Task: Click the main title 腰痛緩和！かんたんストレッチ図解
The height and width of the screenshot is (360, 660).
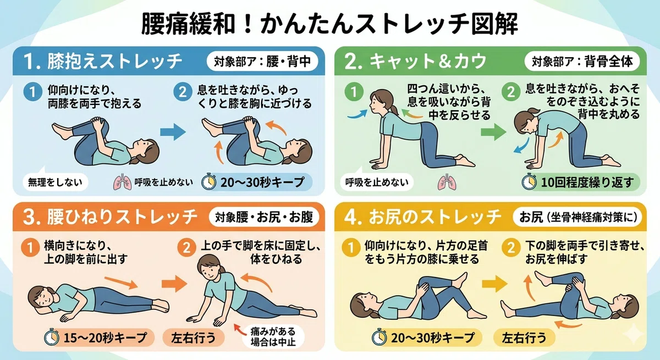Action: click(x=329, y=24)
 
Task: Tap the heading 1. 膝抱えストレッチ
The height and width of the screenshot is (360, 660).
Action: click(x=103, y=62)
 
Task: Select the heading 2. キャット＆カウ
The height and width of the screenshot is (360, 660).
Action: click(x=415, y=62)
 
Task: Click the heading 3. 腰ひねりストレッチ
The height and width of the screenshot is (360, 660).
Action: click(x=110, y=217)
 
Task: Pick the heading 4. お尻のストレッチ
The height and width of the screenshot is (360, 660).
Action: click(x=422, y=217)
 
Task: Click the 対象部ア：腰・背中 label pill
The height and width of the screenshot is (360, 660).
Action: click(x=262, y=62)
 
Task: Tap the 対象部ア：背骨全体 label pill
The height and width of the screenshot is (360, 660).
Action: click(x=582, y=62)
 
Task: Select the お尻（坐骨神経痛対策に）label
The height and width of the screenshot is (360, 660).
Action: click(x=577, y=217)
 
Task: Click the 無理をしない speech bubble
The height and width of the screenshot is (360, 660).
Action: click(x=55, y=182)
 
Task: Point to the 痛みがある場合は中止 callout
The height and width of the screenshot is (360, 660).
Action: click(x=273, y=337)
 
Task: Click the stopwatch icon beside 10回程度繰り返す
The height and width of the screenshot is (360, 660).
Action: click(x=529, y=181)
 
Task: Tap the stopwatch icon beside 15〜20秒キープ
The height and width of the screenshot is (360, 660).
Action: click(x=52, y=337)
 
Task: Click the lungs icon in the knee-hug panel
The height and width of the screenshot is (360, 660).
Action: click(x=122, y=182)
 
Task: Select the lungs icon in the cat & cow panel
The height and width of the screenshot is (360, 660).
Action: click(x=447, y=182)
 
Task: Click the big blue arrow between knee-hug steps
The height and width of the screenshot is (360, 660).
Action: click(x=173, y=132)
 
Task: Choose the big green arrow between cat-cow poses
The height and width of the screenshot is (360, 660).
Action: click(x=493, y=132)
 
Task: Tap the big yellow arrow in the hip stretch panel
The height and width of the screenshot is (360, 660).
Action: click(x=494, y=284)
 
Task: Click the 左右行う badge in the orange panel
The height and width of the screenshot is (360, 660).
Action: click(x=193, y=337)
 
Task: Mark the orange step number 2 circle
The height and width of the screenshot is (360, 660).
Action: click(x=186, y=247)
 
